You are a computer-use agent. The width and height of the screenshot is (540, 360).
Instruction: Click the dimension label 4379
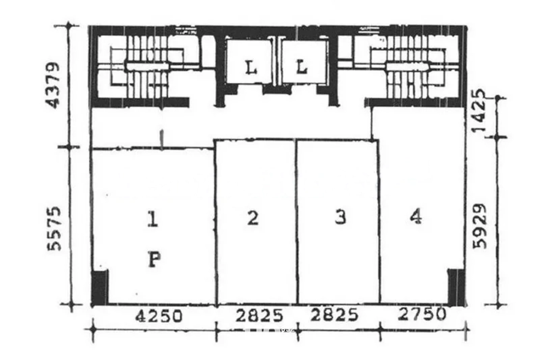[x=55, y=85]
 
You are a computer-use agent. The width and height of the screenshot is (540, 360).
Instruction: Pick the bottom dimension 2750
[x=422, y=314]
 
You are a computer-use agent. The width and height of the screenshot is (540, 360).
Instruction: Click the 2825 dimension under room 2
[x=255, y=315]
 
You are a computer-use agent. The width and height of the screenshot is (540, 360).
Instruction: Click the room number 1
[x=153, y=221]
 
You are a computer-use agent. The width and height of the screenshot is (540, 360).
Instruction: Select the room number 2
[x=253, y=218]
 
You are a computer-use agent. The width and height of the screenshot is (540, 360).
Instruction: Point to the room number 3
[x=340, y=217]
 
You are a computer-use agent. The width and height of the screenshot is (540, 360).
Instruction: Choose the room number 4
[x=415, y=217]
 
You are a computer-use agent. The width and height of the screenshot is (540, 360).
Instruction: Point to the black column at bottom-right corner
[x=456, y=286]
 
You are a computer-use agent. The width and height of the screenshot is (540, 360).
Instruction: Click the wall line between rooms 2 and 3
[x=296, y=222]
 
